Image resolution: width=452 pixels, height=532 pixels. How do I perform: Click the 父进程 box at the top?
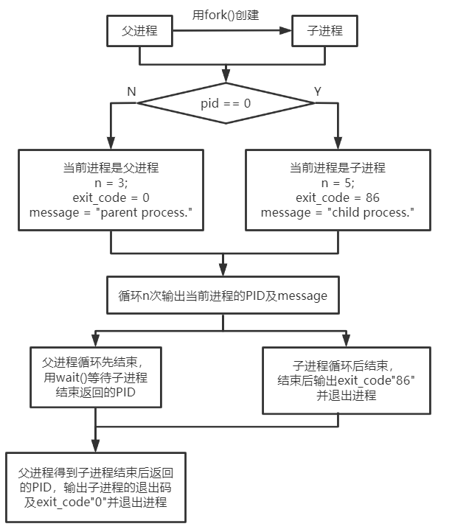click(x=140, y=32)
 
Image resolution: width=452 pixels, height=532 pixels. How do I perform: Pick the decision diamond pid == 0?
click(x=226, y=103)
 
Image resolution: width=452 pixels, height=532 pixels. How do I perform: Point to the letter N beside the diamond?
click(x=131, y=91)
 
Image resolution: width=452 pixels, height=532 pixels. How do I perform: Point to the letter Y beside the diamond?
click(x=318, y=91)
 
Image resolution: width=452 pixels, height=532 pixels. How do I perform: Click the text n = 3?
click(x=111, y=183)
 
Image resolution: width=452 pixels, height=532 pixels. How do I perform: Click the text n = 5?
click(x=338, y=183)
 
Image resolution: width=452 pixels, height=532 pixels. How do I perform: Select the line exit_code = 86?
click(x=338, y=198)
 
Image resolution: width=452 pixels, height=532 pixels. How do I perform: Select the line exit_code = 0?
click(x=111, y=198)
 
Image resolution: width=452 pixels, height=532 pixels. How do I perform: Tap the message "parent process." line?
click(x=111, y=213)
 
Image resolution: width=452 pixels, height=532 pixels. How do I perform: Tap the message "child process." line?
click(x=338, y=213)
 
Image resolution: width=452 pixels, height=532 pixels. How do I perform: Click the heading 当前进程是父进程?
click(x=111, y=169)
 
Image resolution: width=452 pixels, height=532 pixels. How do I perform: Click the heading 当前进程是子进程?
click(x=338, y=169)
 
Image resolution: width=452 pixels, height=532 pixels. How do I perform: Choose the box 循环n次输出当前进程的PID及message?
click(x=223, y=295)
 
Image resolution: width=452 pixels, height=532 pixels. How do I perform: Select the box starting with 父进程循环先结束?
click(x=95, y=378)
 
